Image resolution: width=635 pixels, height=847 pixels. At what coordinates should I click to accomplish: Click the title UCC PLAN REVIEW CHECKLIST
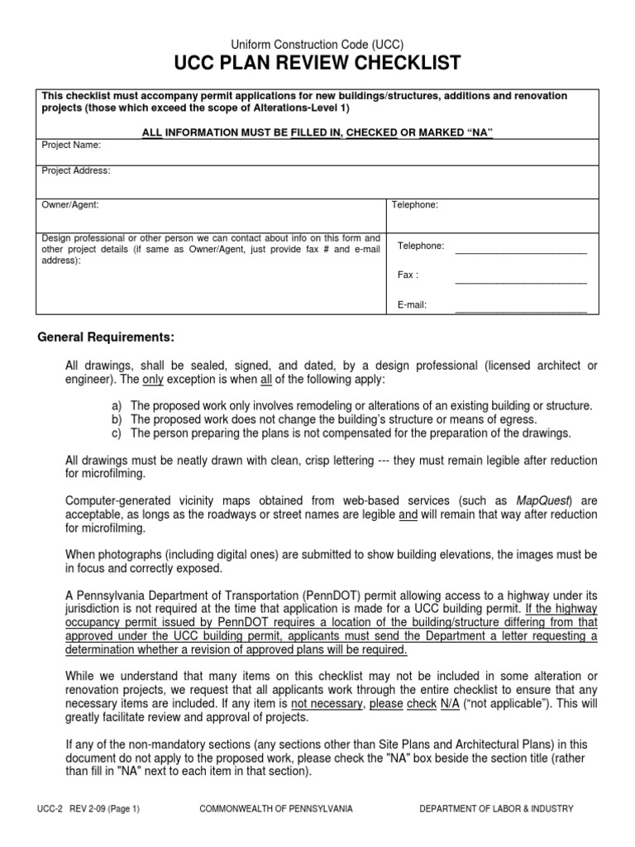(317, 64)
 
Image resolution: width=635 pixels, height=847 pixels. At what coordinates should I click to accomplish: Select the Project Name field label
(71, 145)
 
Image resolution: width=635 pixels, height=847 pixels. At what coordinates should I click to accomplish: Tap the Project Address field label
(76, 170)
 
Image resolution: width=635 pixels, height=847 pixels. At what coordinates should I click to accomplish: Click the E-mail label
(412, 305)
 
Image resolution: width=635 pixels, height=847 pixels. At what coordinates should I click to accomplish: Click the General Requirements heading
(107, 337)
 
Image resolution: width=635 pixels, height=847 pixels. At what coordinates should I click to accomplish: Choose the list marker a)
(116, 405)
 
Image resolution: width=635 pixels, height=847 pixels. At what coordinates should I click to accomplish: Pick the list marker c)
(116, 433)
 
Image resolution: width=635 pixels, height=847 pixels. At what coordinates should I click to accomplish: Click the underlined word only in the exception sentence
(153, 379)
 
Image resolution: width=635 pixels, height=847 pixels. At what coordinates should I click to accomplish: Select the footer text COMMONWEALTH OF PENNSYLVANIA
(276, 809)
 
